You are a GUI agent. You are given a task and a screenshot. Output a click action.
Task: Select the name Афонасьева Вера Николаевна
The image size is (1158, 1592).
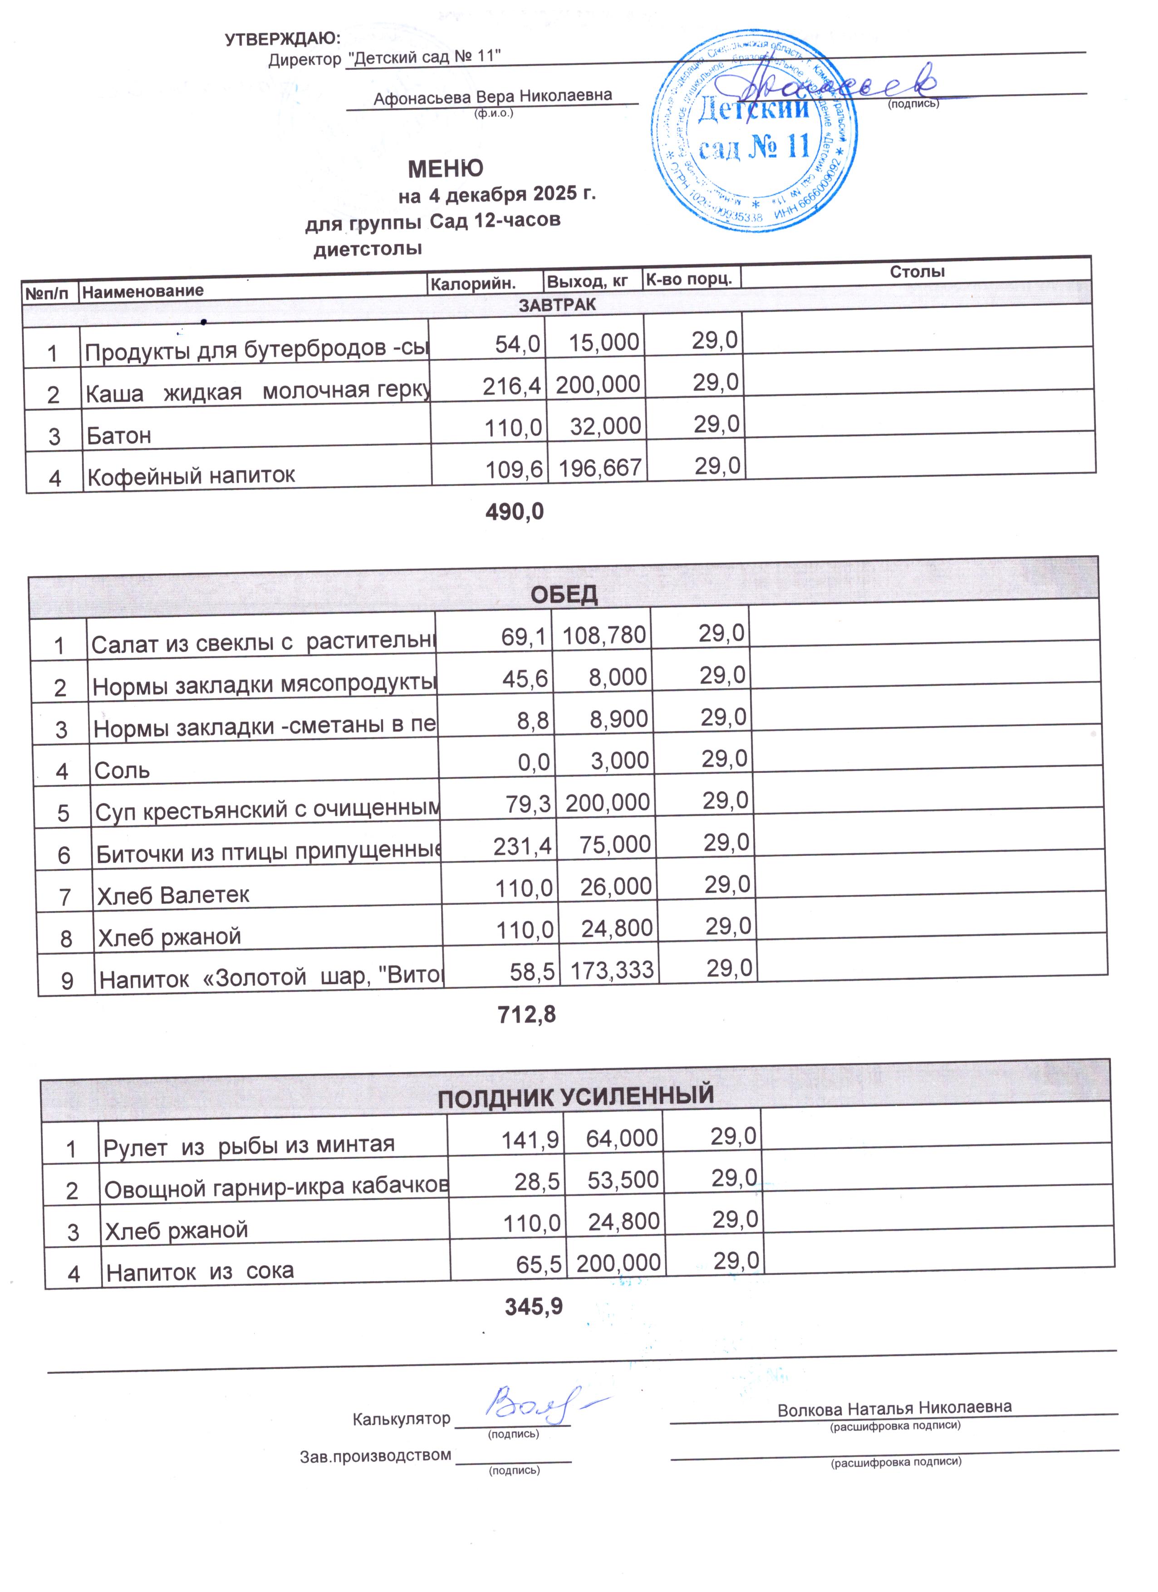point(492,96)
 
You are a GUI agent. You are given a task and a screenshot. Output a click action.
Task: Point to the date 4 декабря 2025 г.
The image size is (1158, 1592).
point(512,194)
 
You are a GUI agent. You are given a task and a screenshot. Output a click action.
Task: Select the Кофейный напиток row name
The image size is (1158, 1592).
point(191,476)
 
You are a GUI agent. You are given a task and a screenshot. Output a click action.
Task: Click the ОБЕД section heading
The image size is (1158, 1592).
point(564,595)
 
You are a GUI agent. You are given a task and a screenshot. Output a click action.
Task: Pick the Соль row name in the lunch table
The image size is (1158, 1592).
point(122,771)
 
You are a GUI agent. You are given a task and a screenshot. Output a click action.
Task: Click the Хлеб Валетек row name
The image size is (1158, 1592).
point(173,895)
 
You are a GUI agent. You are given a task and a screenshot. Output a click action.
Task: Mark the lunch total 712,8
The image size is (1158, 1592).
point(527,1014)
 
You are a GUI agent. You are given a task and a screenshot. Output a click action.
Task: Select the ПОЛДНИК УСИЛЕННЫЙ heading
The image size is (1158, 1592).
point(576,1096)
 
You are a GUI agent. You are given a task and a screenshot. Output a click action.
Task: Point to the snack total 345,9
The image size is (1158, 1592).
point(534,1306)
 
